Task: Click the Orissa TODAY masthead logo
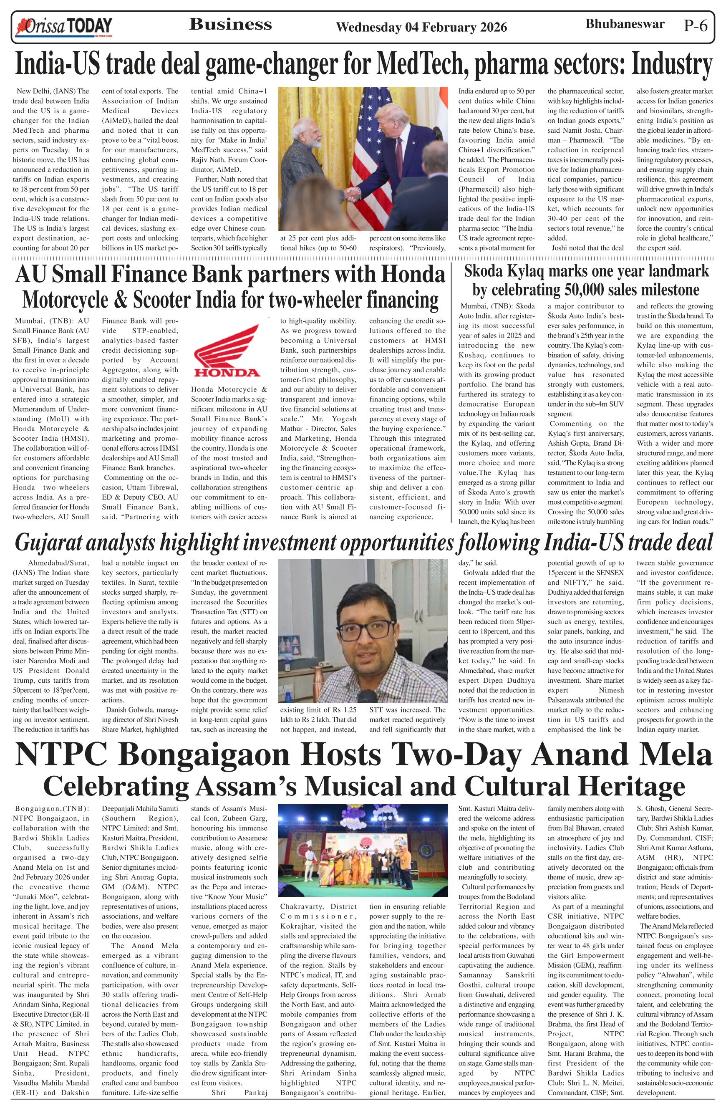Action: tap(64, 27)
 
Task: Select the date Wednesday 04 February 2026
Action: tap(421, 28)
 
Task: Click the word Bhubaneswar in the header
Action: tap(625, 24)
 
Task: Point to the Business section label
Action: tap(230, 24)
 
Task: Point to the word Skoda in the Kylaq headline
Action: tap(485, 271)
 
